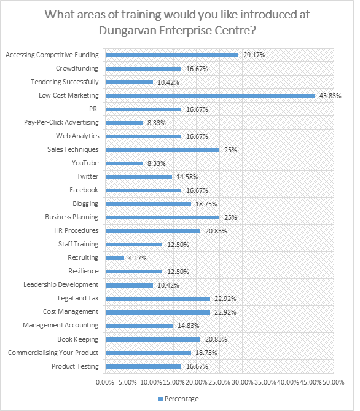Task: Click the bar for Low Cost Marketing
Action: point(210,96)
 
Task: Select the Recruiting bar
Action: point(115,258)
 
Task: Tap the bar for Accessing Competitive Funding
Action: point(172,55)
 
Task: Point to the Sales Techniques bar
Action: point(163,150)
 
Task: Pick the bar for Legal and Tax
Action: point(158,299)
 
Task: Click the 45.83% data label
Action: point(330,96)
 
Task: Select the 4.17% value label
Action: point(138,258)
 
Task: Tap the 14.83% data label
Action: point(189,326)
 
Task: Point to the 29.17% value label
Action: point(254,55)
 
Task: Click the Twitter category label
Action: point(88,176)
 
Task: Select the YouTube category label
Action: point(85,163)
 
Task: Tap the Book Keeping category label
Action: point(77,339)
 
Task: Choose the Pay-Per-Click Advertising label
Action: point(61,122)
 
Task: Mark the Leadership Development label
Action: point(61,284)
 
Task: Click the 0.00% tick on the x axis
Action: point(105,382)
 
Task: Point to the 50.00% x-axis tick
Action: point(333,382)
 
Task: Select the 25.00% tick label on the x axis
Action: point(219,382)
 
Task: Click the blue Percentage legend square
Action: point(161,399)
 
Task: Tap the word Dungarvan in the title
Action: point(127,30)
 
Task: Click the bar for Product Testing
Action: point(143,366)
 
